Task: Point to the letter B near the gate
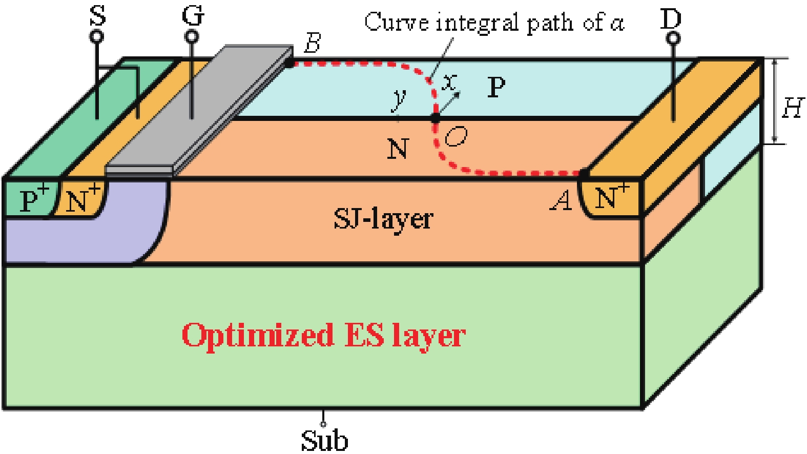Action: [312, 43]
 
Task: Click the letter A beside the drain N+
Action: [562, 200]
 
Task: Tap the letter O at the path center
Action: [456, 137]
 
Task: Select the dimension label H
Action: [792, 108]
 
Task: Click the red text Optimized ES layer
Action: [323, 335]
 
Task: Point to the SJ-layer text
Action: [383, 219]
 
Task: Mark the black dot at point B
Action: [289, 63]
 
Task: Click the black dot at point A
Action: [583, 174]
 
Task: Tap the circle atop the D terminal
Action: [674, 37]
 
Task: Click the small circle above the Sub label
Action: [323, 424]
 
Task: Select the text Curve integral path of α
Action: [494, 23]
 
